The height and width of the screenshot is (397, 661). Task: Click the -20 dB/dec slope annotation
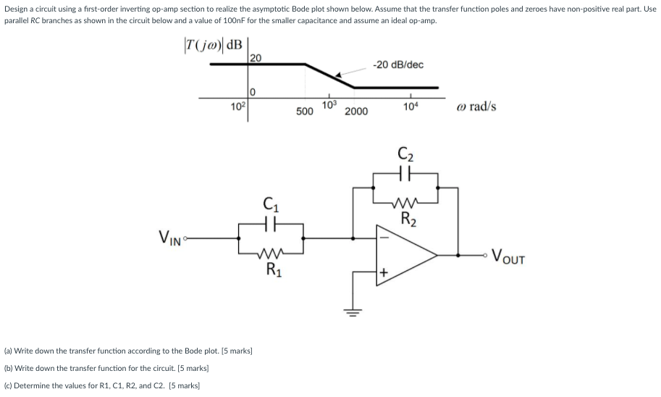pyautogui.click(x=398, y=64)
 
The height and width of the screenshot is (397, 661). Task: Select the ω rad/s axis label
pyautogui.click(x=476, y=106)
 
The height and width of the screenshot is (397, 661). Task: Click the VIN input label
pyautogui.click(x=172, y=237)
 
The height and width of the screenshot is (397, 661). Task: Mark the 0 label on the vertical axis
pyautogui.click(x=253, y=91)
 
